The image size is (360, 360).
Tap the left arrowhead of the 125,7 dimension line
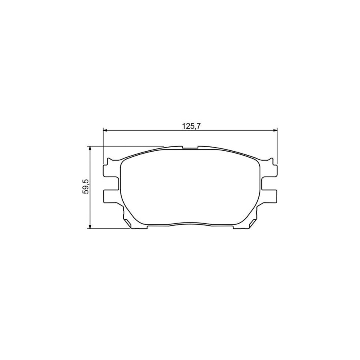[x=106, y=130]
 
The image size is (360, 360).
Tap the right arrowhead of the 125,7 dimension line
[x=275, y=130]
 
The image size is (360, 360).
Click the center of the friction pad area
[x=190, y=188]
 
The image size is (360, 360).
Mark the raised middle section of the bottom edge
[x=190, y=223]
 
